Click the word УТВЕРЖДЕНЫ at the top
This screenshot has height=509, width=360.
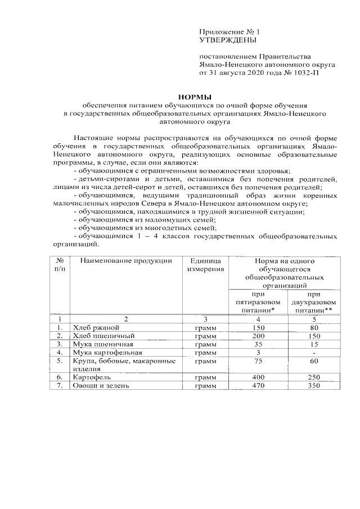pyautogui.click(x=228, y=40)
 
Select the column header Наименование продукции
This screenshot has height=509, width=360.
pyautogui.click(x=125, y=261)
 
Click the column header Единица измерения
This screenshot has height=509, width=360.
pyautogui.click(x=205, y=265)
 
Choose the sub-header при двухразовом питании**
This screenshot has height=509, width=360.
pyautogui.click(x=313, y=301)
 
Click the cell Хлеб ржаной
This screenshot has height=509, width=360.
pyautogui.click(x=93, y=327)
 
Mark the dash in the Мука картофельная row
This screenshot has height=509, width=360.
pyautogui.click(x=313, y=352)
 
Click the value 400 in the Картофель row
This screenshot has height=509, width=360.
pyautogui.click(x=258, y=377)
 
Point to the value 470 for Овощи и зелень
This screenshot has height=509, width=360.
pyautogui.click(x=258, y=385)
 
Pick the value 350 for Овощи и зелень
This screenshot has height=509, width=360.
pyautogui.click(x=313, y=385)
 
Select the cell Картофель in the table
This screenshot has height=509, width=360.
pyautogui.click(x=91, y=377)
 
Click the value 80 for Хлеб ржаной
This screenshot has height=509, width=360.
pyautogui.click(x=313, y=327)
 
